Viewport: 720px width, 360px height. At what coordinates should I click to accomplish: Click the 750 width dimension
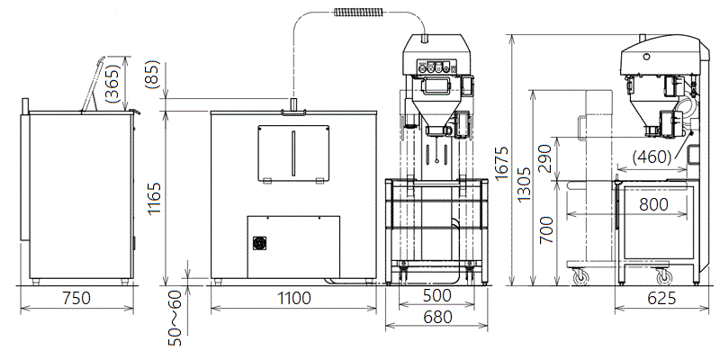pos(76,299)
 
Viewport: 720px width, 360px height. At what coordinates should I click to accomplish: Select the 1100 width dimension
pos(293,299)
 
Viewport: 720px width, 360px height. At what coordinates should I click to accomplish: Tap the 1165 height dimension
pos(155,198)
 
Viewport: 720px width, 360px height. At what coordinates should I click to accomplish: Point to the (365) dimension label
pos(112,83)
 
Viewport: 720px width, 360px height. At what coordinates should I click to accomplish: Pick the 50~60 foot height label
pos(175,318)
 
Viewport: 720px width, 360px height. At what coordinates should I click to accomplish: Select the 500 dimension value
pos(436,296)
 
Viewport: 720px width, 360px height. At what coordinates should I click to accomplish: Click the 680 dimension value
pos(436,317)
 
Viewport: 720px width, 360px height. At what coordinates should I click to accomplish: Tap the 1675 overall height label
pos(503,163)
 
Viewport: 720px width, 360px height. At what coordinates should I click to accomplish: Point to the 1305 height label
pos(524,184)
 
